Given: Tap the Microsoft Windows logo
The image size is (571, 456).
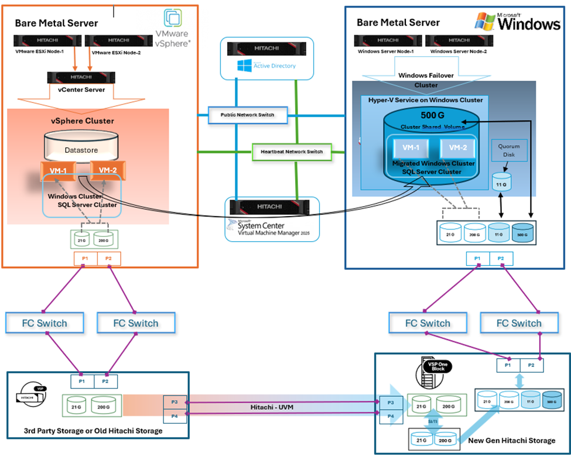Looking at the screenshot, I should click(518, 22).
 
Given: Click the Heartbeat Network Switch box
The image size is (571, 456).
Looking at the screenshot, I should click(292, 152).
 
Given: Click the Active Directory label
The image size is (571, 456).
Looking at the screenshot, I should click(274, 66).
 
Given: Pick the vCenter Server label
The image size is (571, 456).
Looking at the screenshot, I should click(82, 90).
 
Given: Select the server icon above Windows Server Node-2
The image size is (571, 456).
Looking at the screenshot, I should click(457, 41).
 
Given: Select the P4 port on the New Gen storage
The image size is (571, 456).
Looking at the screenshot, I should click(391, 416).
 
